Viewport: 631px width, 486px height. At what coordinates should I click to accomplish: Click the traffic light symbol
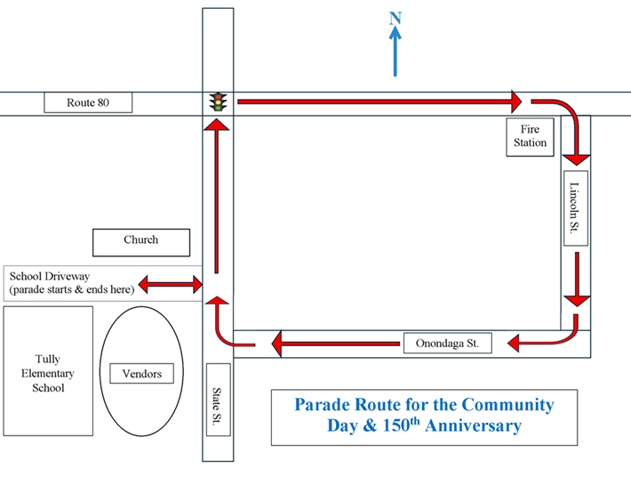click(217, 101)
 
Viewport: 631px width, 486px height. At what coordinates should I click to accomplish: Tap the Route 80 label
click(88, 103)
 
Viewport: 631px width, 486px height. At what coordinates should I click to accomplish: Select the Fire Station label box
click(530, 136)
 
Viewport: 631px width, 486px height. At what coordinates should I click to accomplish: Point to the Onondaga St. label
click(447, 344)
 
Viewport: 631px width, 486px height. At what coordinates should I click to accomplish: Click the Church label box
click(141, 240)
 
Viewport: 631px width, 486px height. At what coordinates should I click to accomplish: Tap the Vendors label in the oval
click(142, 374)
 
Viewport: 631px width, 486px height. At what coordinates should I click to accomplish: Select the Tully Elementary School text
click(48, 373)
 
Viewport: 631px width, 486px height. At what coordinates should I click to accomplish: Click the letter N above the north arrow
click(396, 18)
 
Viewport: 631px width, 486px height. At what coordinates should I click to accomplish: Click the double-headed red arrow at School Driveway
click(170, 285)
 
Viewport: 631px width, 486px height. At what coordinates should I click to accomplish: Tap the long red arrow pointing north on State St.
click(216, 196)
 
